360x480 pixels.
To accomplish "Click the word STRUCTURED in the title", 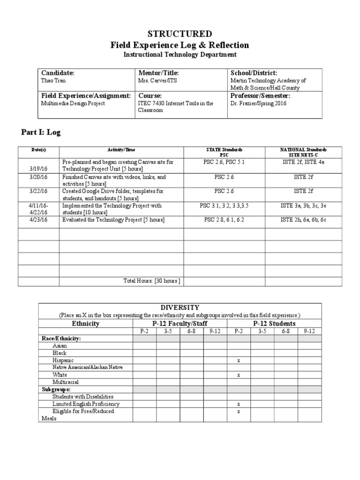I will [x=180, y=34].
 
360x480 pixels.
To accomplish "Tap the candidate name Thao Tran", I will [x=52, y=81].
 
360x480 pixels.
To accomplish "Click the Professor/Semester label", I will [x=260, y=96].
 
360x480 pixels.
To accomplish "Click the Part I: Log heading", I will [x=41, y=132].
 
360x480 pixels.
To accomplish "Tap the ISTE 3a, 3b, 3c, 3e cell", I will [x=304, y=205].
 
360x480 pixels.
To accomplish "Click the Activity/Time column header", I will [x=121, y=150].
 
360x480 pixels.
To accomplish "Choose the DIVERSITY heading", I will [x=180, y=307].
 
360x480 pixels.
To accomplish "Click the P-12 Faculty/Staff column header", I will [x=180, y=323].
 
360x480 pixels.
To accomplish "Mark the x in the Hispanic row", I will [x=239, y=360].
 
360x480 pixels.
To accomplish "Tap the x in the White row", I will [x=239, y=375].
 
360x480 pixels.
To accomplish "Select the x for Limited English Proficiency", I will [x=239, y=404].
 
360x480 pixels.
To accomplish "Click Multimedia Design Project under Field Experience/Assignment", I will [x=73, y=103].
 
